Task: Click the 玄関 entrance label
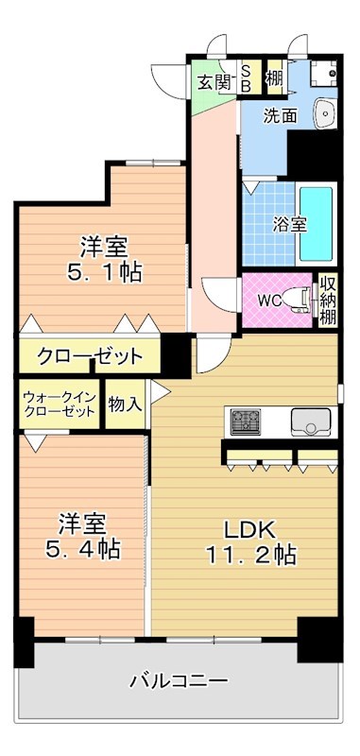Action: [x=214, y=81]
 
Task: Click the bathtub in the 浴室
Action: [x=317, y=225]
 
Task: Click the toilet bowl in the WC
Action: [x=300, y=300]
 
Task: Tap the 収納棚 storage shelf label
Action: [x=328, y=300]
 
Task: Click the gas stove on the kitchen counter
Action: [x=244, y=420]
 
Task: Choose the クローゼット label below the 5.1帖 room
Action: [x=91, y=357]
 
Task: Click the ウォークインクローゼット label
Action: [x=59, y=405]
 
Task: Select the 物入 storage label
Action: [x=126, y=404]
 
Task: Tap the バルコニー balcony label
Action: [x=179, y=680]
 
